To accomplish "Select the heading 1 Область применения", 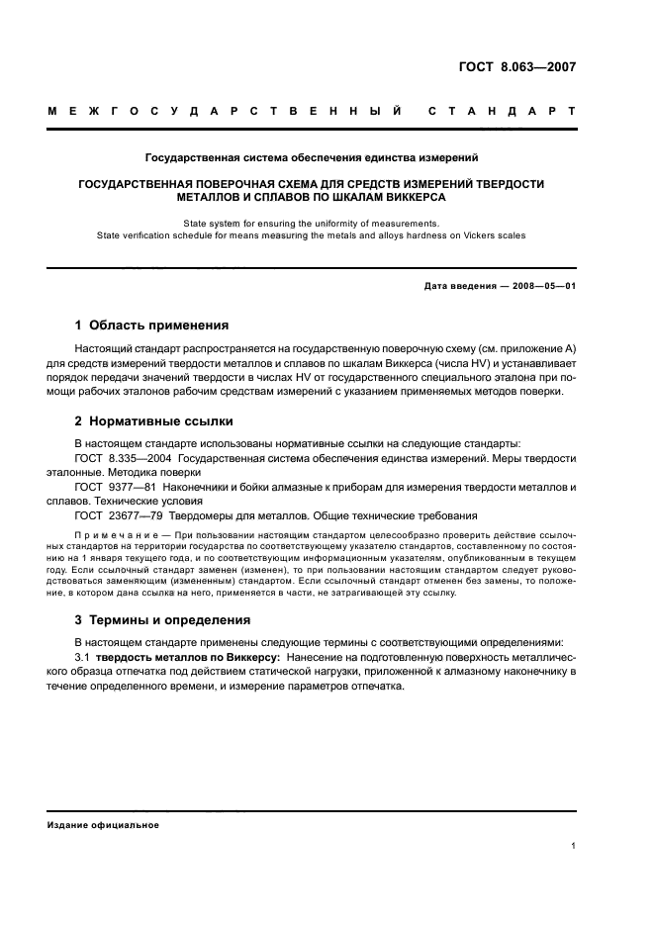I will click(152, 324).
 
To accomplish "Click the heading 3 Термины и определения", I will click(162, 619).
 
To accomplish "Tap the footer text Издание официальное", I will click(103, 824).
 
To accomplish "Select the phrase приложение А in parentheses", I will click(540, 349).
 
